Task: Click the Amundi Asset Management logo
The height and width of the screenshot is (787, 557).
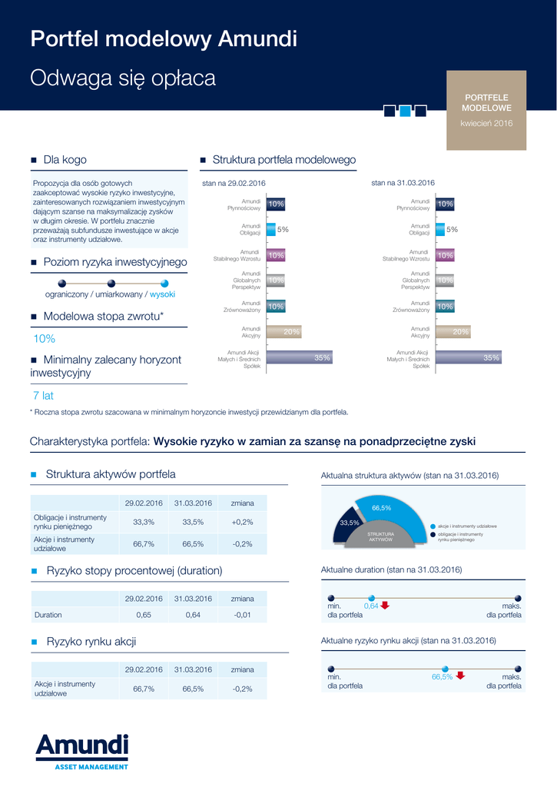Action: pos(81,751)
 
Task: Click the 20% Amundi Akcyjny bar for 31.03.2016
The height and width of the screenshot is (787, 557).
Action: pos(453,332)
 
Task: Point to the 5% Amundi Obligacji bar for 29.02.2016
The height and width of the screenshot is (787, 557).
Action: pos(271,229)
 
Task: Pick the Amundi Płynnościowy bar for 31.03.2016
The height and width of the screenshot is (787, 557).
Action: pos(445,204)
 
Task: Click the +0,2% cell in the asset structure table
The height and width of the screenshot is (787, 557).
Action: pos(242,522)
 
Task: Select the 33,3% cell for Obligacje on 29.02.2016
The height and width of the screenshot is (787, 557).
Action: pos(144,522)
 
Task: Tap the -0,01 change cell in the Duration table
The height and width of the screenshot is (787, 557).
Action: pos(242,615)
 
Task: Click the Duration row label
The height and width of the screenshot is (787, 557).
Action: pos(48,615)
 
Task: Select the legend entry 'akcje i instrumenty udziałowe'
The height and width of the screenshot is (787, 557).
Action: pos(466,526)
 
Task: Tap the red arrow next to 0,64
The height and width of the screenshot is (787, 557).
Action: pos(386,606)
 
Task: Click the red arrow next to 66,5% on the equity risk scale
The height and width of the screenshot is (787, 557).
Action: pos(460,676)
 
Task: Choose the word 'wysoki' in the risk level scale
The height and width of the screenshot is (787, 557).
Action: pos(162,294)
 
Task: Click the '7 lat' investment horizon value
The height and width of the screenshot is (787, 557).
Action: pos(43,396)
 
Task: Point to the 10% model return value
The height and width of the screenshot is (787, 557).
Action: pos(44,339)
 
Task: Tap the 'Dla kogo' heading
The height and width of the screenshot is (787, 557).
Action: pos(65,160)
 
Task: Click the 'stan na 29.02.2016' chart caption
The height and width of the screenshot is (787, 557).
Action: pos(234,183)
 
